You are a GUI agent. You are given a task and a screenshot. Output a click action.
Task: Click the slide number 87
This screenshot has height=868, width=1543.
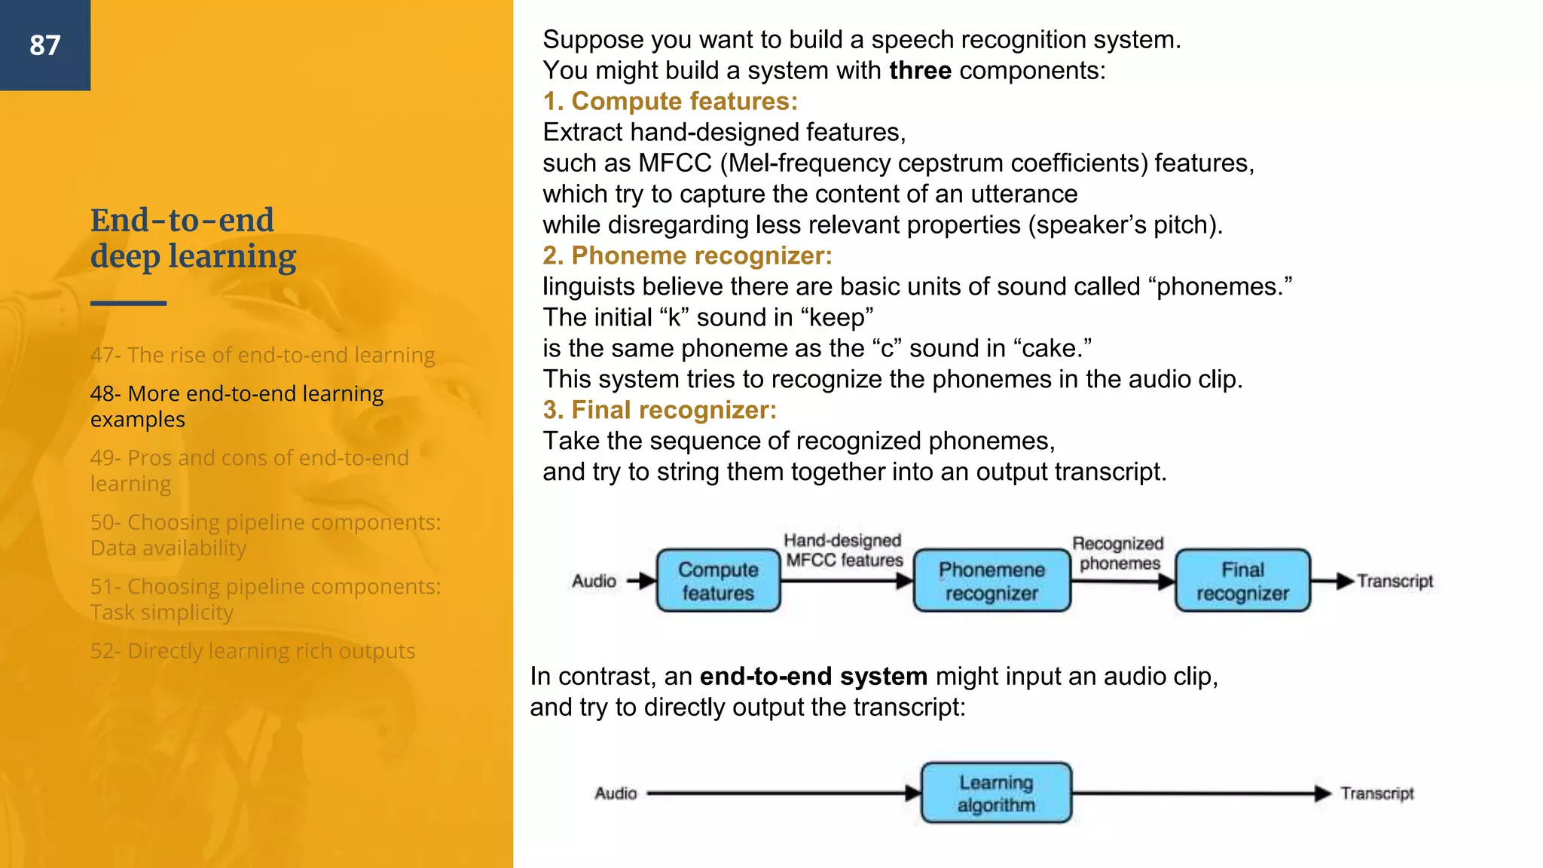pyautogui.click(x=45, y=45)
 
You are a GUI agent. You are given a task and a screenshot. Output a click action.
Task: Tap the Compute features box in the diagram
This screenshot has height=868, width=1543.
pyautogui.click(x=718, y=581)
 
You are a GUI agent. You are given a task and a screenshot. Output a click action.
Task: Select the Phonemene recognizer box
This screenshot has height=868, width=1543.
pyautogui.click(x=991, y=581)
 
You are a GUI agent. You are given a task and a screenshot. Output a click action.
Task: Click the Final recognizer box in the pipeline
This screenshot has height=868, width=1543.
pyautogui.click(x=1242, y=581)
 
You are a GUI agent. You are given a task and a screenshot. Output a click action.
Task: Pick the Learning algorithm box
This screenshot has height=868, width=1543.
pyautogui.click(x=996, y=793)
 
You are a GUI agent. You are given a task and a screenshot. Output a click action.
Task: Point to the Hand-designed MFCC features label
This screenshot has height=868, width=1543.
pyautogui.click(x=843, y=550)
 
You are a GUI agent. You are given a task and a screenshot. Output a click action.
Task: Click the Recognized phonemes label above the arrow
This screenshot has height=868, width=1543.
pyautogui.click(x=1119, y=553)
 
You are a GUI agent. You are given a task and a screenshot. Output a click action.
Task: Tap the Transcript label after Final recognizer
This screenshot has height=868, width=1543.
pyautogui.click(x=1395, y=581)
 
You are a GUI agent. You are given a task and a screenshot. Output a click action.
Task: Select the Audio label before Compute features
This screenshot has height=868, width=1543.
pyautogui.click(x=594, y=581)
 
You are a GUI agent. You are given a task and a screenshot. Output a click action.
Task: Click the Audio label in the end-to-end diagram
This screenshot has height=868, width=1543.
pyautogui.click(x=616, y=793)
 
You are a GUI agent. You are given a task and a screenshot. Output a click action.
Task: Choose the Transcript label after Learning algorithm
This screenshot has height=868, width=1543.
pyautogui.click(x=1376, y=793)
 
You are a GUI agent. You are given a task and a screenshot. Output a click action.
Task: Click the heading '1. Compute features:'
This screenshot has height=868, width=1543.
pyautogui.click(x=670, y=101)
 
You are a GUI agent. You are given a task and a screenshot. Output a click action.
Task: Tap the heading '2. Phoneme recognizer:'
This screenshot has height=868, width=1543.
pyautogui.click(x=687, y=255)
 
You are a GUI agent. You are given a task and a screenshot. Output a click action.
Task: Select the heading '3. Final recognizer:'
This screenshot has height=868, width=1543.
pyautogui.click(x=659, y=410)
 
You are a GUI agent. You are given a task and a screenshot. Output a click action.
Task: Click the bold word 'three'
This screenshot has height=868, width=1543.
pyautogui.click(x=920, y=71)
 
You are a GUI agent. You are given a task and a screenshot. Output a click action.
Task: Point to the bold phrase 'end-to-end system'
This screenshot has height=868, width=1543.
pyautogui.click(x=813, y=677)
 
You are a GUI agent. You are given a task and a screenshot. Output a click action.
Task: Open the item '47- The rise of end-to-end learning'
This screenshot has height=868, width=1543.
pyautogui.click(x=262, y=355)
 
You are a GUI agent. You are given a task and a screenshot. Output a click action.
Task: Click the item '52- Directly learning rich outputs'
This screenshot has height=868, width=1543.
pyautogui.click(x=252, y=651)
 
